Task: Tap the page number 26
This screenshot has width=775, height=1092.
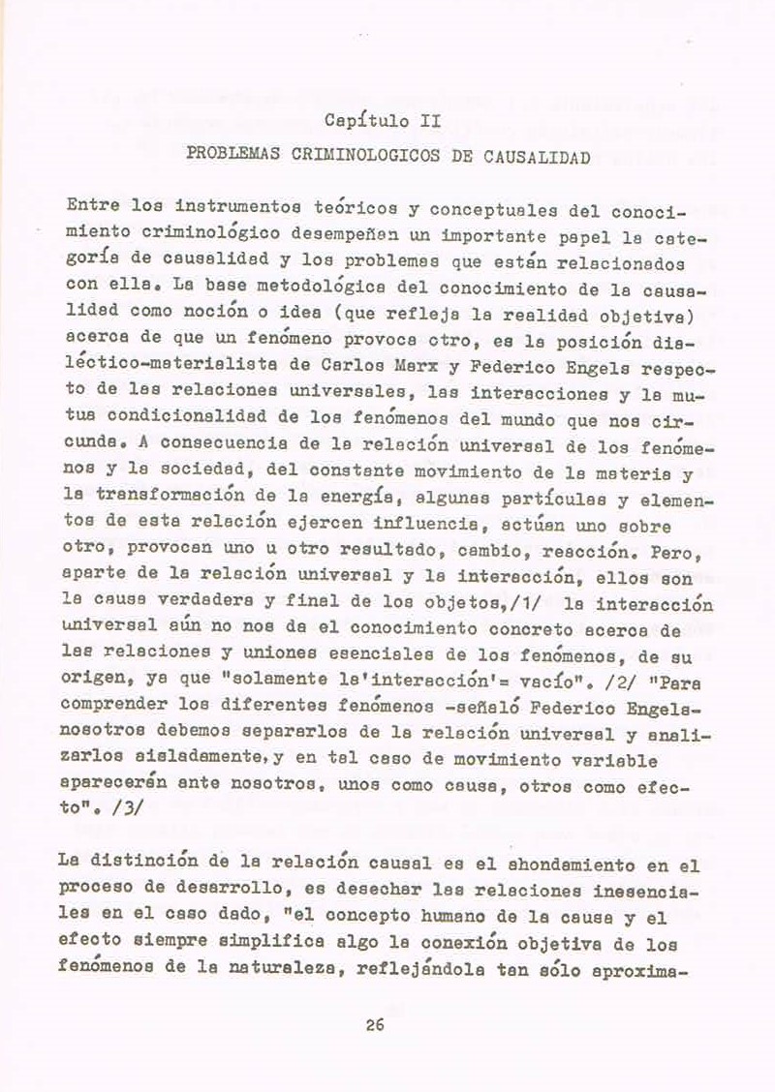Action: tap(376, 1026)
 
